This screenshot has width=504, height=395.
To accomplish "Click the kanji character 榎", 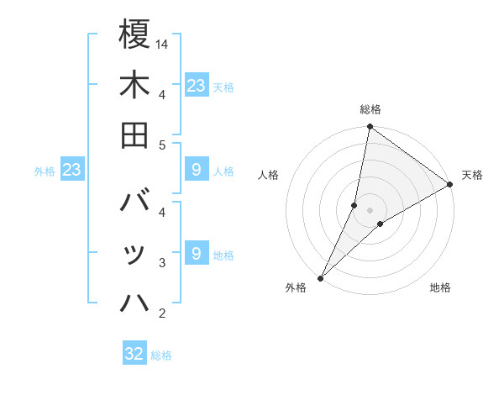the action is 134,34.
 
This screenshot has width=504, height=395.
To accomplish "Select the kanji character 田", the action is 134,134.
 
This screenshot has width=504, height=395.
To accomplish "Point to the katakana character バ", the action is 134,203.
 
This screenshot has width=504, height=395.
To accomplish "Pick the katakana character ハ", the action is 134,303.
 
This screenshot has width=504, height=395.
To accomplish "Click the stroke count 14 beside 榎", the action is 163,44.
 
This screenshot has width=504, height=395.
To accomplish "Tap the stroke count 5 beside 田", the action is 162,145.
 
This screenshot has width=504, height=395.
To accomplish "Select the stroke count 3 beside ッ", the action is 162,263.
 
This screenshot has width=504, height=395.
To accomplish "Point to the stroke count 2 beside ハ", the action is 162,314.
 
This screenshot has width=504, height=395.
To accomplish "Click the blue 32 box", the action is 134,354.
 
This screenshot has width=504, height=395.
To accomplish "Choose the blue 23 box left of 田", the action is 72,171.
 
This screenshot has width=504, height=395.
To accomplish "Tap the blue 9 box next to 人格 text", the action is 197,171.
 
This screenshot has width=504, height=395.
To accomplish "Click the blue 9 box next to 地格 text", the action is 197,254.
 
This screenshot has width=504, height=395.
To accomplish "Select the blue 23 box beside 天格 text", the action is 197,85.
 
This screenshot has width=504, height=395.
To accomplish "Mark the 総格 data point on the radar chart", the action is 370,128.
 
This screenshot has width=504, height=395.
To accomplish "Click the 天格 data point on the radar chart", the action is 450,185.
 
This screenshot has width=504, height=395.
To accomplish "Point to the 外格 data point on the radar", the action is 320,277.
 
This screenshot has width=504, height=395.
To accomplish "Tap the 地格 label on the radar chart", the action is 440,288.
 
